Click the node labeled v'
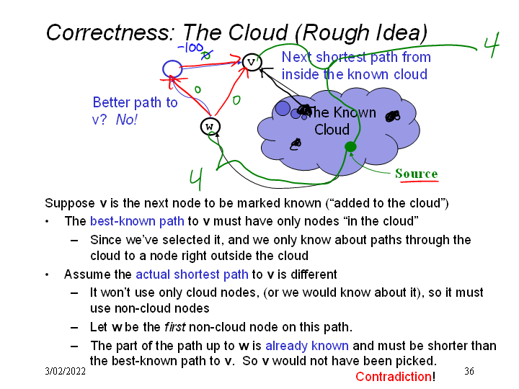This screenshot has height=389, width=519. tap(252, 62)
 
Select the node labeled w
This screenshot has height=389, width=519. tap(210, 127)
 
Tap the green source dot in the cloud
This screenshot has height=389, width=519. tap(350, 147)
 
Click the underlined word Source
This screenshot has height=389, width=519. tap(416, 174)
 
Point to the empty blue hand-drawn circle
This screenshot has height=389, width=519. tap(172, 68)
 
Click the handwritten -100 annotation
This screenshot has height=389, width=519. tap(190, 48)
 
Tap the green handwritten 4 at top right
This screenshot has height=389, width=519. tap(492, 45)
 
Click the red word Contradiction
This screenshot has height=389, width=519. tap(394, 377)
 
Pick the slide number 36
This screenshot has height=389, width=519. tap(469, 371)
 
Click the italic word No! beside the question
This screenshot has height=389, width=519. tap(126, 120)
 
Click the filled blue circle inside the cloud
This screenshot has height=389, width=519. tap(283, 108)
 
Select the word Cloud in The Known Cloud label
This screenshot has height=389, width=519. tap(332, 130)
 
